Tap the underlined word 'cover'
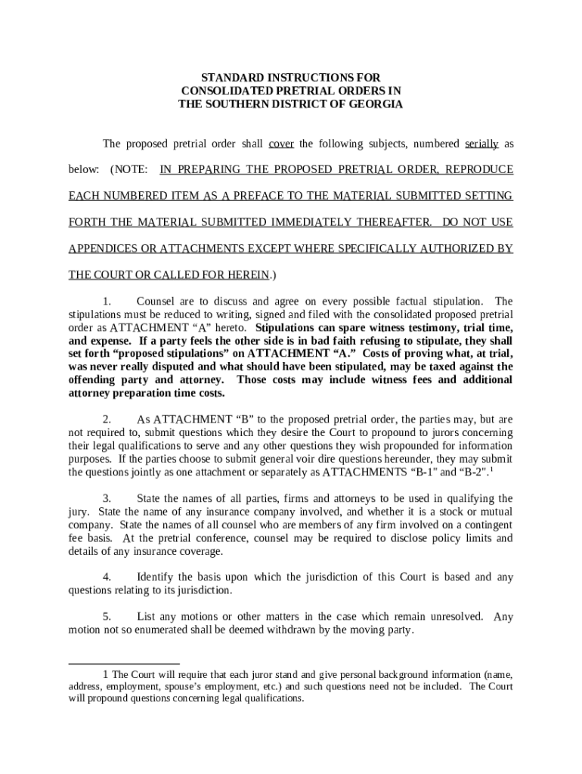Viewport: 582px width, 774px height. pos(281,144)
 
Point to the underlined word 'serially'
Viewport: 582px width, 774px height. pos(481,144)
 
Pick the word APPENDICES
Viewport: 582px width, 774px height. pos(102,249)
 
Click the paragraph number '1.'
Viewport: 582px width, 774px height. pos(107,302)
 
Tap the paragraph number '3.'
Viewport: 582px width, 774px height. pos(107,498)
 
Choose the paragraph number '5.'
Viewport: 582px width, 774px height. pos(107,616)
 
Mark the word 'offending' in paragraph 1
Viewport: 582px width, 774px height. pos(94,379)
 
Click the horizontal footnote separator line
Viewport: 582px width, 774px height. pos(124,664)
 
